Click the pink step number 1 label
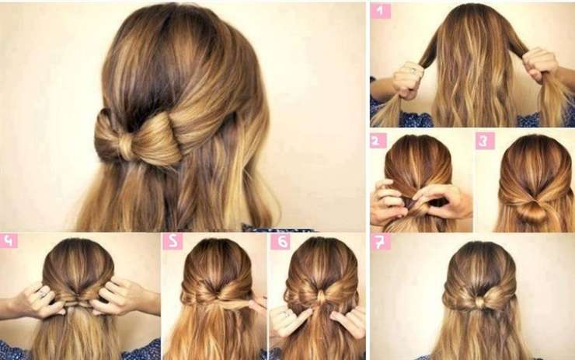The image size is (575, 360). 380,12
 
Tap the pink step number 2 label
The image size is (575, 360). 378,141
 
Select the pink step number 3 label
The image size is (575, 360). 485,142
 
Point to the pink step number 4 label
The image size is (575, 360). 9,241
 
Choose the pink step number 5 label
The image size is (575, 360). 172,241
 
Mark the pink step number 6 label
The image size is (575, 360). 281,242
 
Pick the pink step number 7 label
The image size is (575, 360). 380,242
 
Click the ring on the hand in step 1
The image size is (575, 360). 412,69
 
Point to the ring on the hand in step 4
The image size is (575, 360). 43,293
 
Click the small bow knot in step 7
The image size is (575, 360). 480,302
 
